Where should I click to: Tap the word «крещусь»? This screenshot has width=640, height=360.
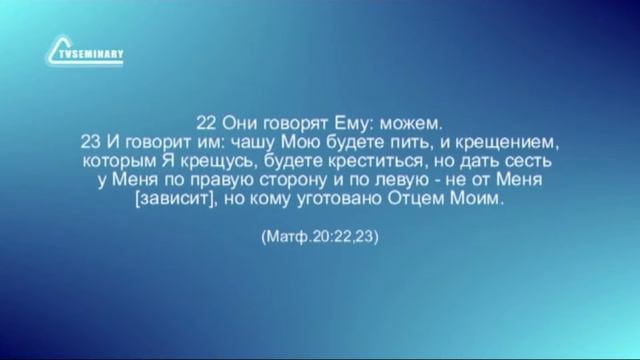(233, 161)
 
